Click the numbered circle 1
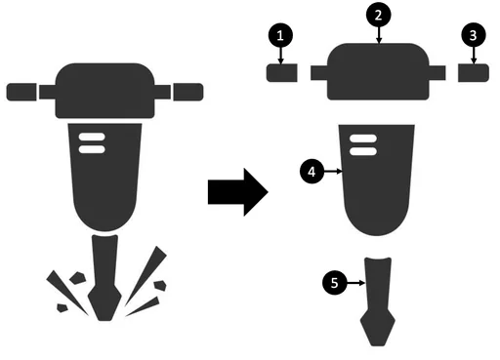click(280, 35)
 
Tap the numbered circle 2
click(378, 15)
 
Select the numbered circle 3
click(474, 35)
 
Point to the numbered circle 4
click(312, 172)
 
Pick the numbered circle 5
click(334, 283)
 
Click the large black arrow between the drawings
click(238, 192)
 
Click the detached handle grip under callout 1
click(282, 73)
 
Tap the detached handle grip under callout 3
click(474, 73)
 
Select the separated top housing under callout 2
click(378, 71)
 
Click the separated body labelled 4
click(377, 180)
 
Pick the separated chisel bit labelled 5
click(378, 301)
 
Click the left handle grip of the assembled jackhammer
click(21, 92)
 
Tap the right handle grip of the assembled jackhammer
click(188, 92)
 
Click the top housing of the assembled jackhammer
click(104, 91)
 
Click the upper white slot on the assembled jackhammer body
click(92, 137)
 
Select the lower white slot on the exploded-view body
click(363, 151)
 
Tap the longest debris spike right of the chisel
click(146, 276)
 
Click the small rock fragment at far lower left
click(62, 307)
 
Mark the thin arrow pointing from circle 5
click(355, 283)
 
